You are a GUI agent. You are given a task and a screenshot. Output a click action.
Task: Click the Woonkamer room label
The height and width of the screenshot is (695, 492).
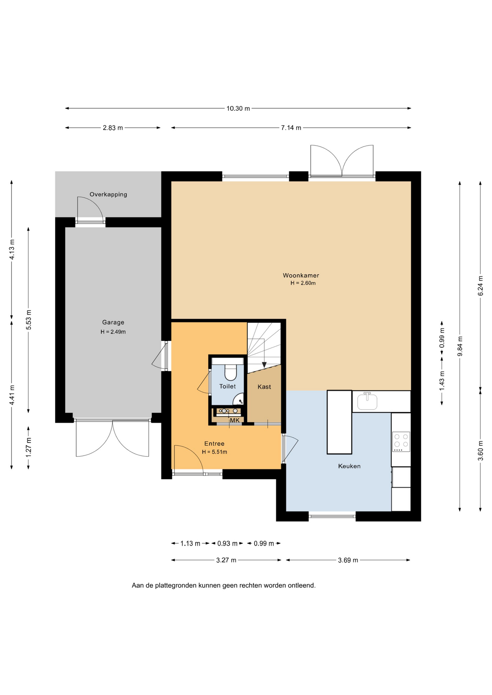pos(301,275)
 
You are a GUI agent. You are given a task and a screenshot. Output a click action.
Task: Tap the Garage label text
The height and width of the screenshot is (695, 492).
pos(113,323)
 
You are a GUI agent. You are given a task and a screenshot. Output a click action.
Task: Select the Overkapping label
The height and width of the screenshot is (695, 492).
pos(108,194)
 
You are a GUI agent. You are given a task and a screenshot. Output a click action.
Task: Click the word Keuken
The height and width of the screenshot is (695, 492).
pos(349,466)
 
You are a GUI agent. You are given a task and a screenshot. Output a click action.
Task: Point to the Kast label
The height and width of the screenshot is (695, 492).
pos(264,387)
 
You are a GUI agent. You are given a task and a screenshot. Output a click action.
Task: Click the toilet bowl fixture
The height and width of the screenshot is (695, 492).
pos(230,372)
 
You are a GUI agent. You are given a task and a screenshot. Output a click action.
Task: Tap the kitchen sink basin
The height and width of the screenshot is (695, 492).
pos(367,402)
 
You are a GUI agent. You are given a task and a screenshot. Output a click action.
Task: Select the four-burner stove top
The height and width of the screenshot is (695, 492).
pos(401,442)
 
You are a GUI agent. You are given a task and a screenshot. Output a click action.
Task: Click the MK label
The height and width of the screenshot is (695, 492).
pos(235,421)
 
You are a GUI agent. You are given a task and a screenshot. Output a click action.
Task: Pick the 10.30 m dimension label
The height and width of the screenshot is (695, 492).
pos(238,109)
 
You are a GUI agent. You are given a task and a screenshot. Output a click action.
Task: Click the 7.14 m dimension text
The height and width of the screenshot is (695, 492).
pos(291,128)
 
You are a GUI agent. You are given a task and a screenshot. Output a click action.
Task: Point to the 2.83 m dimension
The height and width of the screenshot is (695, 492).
pos(113,128)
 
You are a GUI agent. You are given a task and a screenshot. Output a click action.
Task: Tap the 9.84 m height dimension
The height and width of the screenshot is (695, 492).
pos(460,346)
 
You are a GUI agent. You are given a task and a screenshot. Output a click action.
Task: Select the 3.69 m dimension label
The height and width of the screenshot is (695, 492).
pos(348,560)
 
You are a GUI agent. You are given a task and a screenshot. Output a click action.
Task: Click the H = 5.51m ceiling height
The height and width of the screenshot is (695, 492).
pos(214,452)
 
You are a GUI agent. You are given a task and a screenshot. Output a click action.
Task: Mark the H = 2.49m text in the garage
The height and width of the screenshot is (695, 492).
pos(113,332)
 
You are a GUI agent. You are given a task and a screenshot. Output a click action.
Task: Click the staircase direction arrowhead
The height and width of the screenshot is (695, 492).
pos(264,365)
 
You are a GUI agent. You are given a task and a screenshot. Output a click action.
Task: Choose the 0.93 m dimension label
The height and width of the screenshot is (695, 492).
pos(227,544)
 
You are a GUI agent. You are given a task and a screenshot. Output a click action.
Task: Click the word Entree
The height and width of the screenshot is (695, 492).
pos(214,444)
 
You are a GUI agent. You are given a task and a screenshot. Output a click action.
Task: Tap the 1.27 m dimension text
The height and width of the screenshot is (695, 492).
pos(29,447)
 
